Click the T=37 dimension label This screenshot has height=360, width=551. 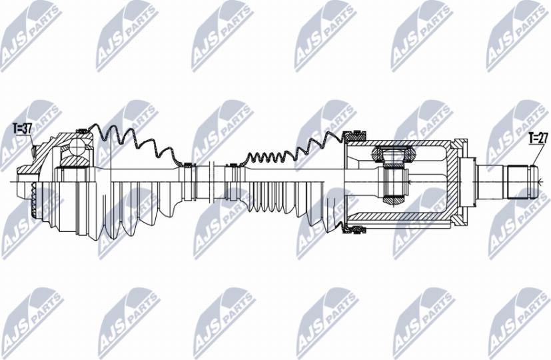(x=22, y=129)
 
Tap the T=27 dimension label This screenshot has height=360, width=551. (x=538, y=139)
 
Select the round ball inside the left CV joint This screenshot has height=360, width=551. (x=76, y=147)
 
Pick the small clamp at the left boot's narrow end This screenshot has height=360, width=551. (x=188, y=165)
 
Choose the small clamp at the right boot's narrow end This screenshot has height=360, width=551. (x=233, y=165)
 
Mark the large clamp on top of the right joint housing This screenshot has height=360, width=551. (x=354, y=134)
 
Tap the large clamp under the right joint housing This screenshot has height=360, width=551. (x=354, y=230)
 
